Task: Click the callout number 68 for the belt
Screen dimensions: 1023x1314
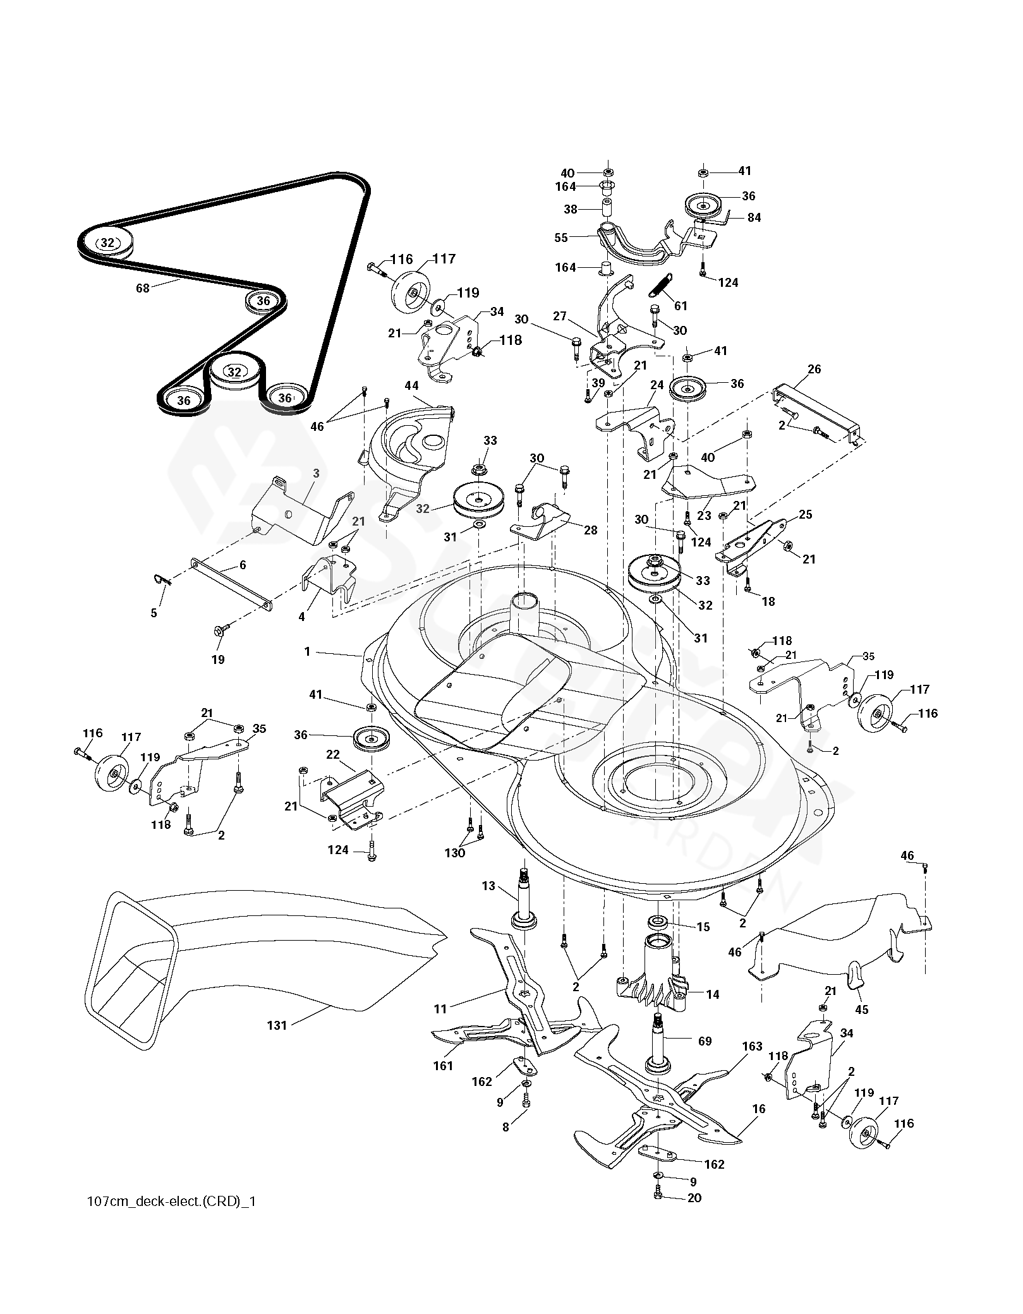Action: pos(143,288)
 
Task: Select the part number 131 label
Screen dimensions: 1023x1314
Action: pos(277,1025)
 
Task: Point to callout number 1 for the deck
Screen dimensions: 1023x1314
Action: pos(308,651)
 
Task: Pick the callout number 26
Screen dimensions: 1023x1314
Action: pos(814,369)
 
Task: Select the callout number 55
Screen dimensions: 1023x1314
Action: pos(560,238)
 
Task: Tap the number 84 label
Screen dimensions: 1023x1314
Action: pos(754,217)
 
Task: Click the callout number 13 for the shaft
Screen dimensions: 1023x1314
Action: pos(488,886)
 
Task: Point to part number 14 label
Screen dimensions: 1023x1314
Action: pos(712,994)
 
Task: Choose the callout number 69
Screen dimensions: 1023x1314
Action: pos(705,1040)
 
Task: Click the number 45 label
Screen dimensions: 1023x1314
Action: pos(861,1010)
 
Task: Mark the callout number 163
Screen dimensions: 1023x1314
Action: pos(752,1047)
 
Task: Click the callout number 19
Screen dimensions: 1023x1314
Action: pos(217,660)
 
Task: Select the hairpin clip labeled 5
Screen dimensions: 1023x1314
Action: pos(162,578)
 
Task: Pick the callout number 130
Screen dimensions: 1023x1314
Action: pos(455,853)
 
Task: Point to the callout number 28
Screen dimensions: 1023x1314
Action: pos(590,530)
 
